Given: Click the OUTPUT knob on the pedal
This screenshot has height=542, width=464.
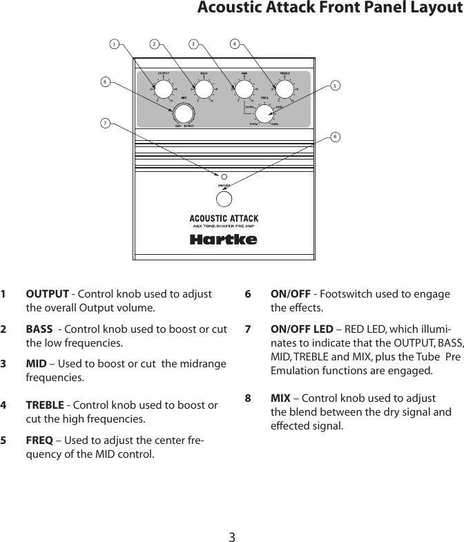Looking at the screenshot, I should (163, 90).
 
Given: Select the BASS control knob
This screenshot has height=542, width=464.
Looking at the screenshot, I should (204, 90).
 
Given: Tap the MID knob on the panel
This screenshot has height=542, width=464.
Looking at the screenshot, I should (244, 90).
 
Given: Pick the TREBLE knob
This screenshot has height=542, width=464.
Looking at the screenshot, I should (284, 90).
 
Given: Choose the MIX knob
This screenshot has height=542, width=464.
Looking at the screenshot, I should (183, 114).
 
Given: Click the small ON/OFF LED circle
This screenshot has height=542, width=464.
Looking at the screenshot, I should (224, 176).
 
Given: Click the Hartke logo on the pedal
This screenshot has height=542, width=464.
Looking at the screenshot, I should (223, 240).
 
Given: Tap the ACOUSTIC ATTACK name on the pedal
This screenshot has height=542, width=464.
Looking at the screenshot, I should (224, 219).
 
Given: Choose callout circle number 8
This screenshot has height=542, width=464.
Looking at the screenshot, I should (105, 81).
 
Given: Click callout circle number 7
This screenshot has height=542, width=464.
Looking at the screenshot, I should (105, 124).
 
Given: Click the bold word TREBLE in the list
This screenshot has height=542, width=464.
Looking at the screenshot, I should (45, 405).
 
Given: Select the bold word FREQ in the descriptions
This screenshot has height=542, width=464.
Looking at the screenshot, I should (39, 441).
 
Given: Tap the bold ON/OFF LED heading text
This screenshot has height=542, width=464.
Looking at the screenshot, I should (302, 329).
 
